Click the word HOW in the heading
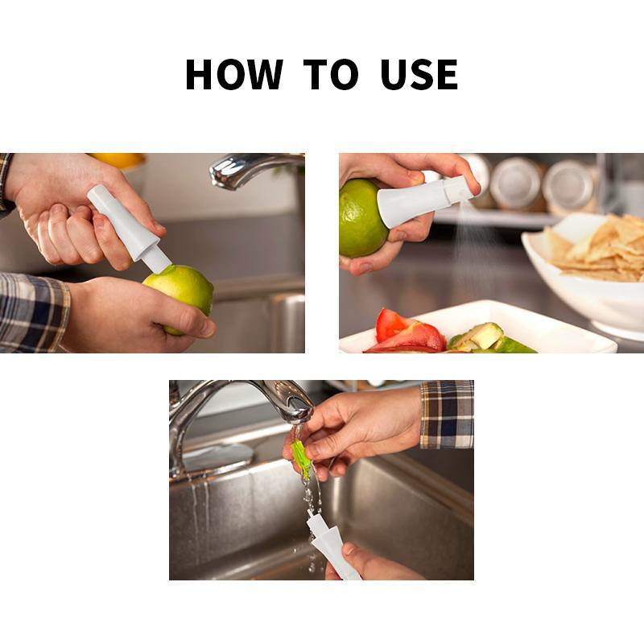[x=234, y=74]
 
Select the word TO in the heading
[x=331, y=74]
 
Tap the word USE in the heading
[x=419, y=74]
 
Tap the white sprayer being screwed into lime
[x=129, y=229]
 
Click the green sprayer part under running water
[x=302, y=459]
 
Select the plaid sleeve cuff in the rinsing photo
[x=447, y=414]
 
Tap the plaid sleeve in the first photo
[x=34, y=312]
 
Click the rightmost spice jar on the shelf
[x=569, y=187]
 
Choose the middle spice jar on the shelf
[x=517, y=184]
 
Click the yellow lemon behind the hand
[x=119, y=159]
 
